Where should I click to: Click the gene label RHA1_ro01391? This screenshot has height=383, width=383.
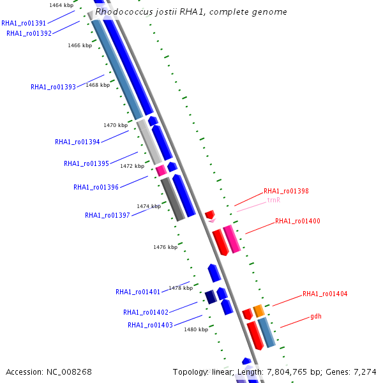[24, 23]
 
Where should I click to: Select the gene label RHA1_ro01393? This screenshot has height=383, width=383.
[53, 87]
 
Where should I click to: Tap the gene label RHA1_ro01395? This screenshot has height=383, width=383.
[86, 163]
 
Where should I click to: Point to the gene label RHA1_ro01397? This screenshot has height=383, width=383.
[107, 215]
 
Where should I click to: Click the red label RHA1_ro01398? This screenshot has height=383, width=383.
[286, 191]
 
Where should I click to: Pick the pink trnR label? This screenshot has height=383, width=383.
[274, 200]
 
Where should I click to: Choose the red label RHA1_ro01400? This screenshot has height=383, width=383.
[297, 221]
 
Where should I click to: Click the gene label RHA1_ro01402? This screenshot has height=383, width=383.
[146, 312]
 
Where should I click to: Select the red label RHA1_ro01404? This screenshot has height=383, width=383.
[325, 294]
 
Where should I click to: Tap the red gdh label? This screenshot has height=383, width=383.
[316, 316]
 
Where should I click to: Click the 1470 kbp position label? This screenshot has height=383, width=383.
[116, 125]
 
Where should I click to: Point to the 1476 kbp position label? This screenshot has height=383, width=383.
[165, 247]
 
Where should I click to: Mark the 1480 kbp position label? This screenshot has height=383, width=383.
[196, 329]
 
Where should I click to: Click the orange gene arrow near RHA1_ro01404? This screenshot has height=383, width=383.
[259, 311]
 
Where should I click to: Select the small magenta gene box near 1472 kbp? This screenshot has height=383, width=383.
[161, 170]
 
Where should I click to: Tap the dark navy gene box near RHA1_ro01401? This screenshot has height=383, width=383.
[209, 297]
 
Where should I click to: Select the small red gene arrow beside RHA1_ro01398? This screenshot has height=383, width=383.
[209, 214]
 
